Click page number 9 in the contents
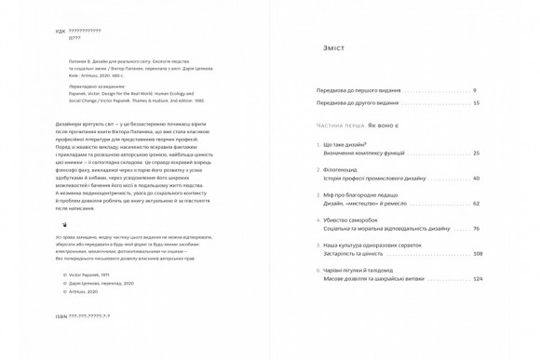tap(474, 90)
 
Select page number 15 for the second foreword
tap(476, 103)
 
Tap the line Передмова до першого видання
tap(358, 90)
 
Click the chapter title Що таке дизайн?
tap(344, 145)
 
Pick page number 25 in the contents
tap(476, 153)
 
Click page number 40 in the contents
tap(476, 178)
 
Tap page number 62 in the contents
tap(476, 203)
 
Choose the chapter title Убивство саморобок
tap(352, 220)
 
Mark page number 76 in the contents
tap(476, 228)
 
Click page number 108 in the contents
tap(478, 253)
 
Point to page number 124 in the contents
tap(478, 278)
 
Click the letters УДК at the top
tap(61, 31)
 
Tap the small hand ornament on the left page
tap(64, 224)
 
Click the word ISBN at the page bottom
tap(61, 316)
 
